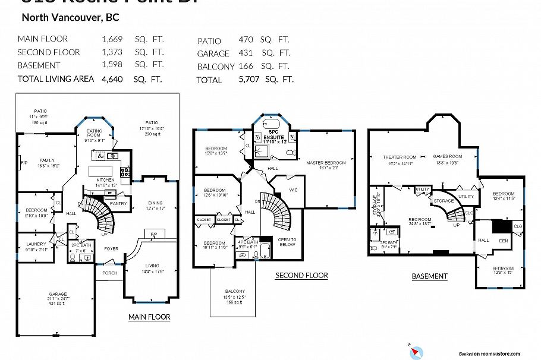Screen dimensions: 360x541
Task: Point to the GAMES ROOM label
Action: pos(447,157)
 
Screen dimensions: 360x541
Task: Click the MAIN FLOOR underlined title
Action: pos(149,317)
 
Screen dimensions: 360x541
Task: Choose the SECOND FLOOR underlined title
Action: pos(301,276)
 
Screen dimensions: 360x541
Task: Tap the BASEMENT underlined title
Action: pos(429,276)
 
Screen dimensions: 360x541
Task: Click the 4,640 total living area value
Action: pos(112,78)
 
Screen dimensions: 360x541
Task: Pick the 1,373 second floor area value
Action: pos(112,52)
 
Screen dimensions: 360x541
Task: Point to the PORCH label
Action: pos(109,273)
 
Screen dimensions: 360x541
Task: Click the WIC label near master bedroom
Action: pos(292,190)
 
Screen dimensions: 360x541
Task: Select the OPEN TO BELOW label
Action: pos(287,241)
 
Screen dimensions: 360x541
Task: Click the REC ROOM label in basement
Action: pos(420,220)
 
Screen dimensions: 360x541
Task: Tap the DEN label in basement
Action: pos(503,241)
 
